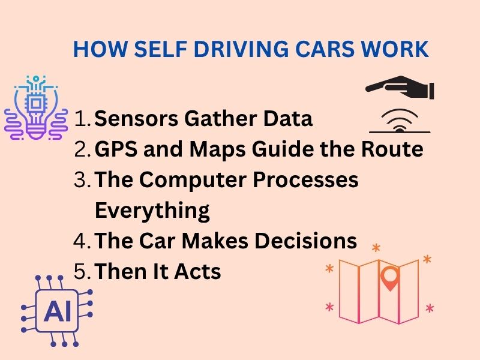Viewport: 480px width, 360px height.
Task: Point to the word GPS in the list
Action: (115, 149)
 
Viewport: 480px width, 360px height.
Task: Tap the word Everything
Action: (152, 211)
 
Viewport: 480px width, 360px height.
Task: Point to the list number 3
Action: (80, 180)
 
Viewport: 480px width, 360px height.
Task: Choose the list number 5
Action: (80, 272)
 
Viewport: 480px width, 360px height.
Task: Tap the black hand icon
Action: (400, 89)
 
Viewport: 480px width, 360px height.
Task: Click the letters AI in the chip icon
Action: (57, 311)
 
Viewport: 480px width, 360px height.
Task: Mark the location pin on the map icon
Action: (391, 278)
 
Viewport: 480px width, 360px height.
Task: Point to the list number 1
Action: (80, 119)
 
